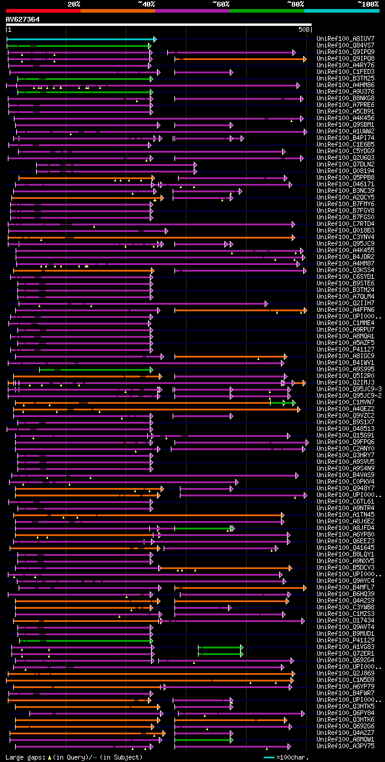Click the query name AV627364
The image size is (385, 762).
23,19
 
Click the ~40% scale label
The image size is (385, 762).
146,4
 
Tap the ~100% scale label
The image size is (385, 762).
368,4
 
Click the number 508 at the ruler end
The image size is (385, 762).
304,29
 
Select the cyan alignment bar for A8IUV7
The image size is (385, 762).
81,39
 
